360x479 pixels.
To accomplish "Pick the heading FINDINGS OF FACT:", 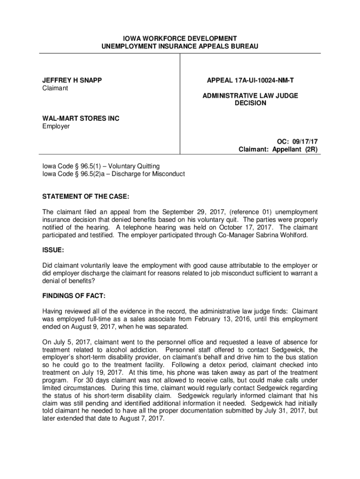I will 74,296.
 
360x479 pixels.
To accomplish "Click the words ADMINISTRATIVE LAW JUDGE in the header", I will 250,95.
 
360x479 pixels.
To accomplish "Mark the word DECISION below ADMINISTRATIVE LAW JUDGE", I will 250,103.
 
